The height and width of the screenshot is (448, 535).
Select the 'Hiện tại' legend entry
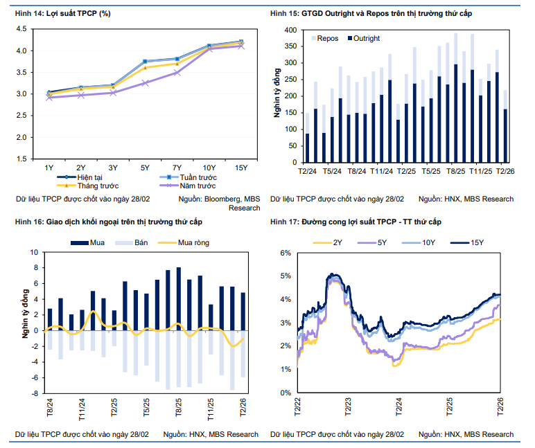[x=82, y=178]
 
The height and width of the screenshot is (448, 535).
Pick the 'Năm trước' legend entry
[x=197, y=186]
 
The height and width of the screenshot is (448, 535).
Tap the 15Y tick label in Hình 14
[x=240, y=168]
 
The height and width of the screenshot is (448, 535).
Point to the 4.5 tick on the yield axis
[x=21, y=29]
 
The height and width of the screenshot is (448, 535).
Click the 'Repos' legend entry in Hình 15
[x=328, y=38]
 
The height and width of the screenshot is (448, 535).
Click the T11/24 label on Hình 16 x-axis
[x=81, y=410]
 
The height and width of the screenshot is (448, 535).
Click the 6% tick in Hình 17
[x=286, y=253]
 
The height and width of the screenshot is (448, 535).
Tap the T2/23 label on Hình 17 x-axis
[x=349, y=406]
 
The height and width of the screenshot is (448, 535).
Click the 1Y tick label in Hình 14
[x=49, y=168]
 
